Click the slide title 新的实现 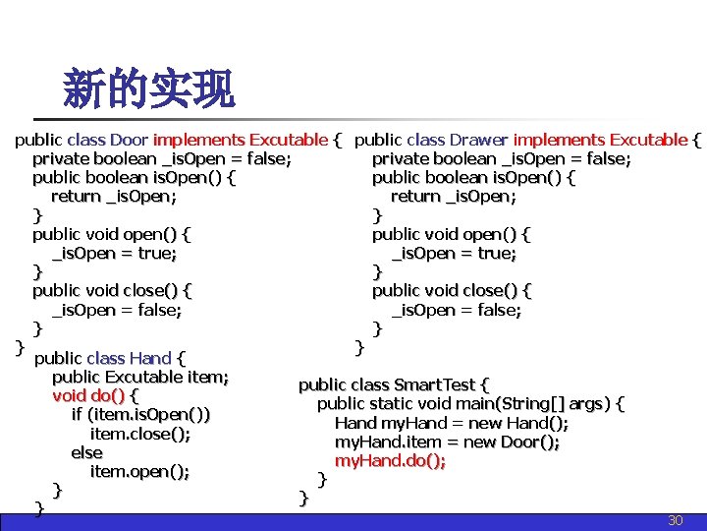click(148, 89)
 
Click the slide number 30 click(675, 520)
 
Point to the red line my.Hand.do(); click(390, 460)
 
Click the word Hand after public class click(149, 358)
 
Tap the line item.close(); click(140, 434)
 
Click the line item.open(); click(139, 471)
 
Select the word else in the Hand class click(86, 452)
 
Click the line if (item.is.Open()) click(140, 415)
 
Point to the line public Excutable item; click(140, 377)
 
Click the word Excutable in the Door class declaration click(289, 140)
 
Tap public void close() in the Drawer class click(452, 290)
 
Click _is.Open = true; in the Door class click(114, 253)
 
